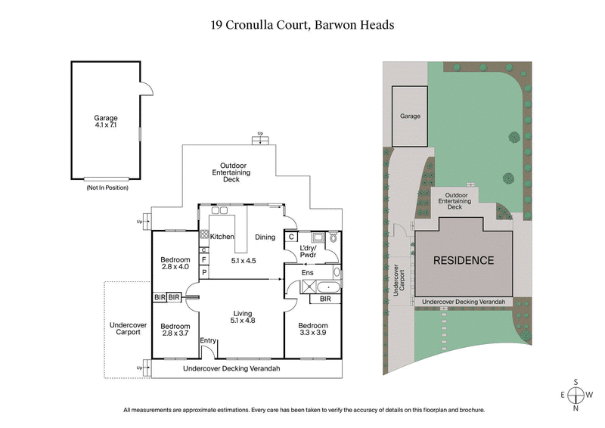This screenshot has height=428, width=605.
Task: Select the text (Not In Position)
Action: [x=106, y=187]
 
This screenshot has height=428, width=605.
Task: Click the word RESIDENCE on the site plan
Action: [x=464, y=261]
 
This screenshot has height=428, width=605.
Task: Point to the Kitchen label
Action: [x=222, y=237]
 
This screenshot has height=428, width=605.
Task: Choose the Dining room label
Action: [x=265, y=237]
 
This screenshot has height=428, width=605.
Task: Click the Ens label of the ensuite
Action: [x=308, y=273]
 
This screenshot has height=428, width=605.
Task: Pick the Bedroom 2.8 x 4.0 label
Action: [x=175, y=264]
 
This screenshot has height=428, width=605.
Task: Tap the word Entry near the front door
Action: [x=208, y=341]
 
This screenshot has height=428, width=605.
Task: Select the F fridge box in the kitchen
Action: [x=203, y=259]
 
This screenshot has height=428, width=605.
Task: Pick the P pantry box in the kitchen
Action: [x=203, y=271]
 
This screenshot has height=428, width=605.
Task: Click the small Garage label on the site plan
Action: [x=410, y=116]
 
